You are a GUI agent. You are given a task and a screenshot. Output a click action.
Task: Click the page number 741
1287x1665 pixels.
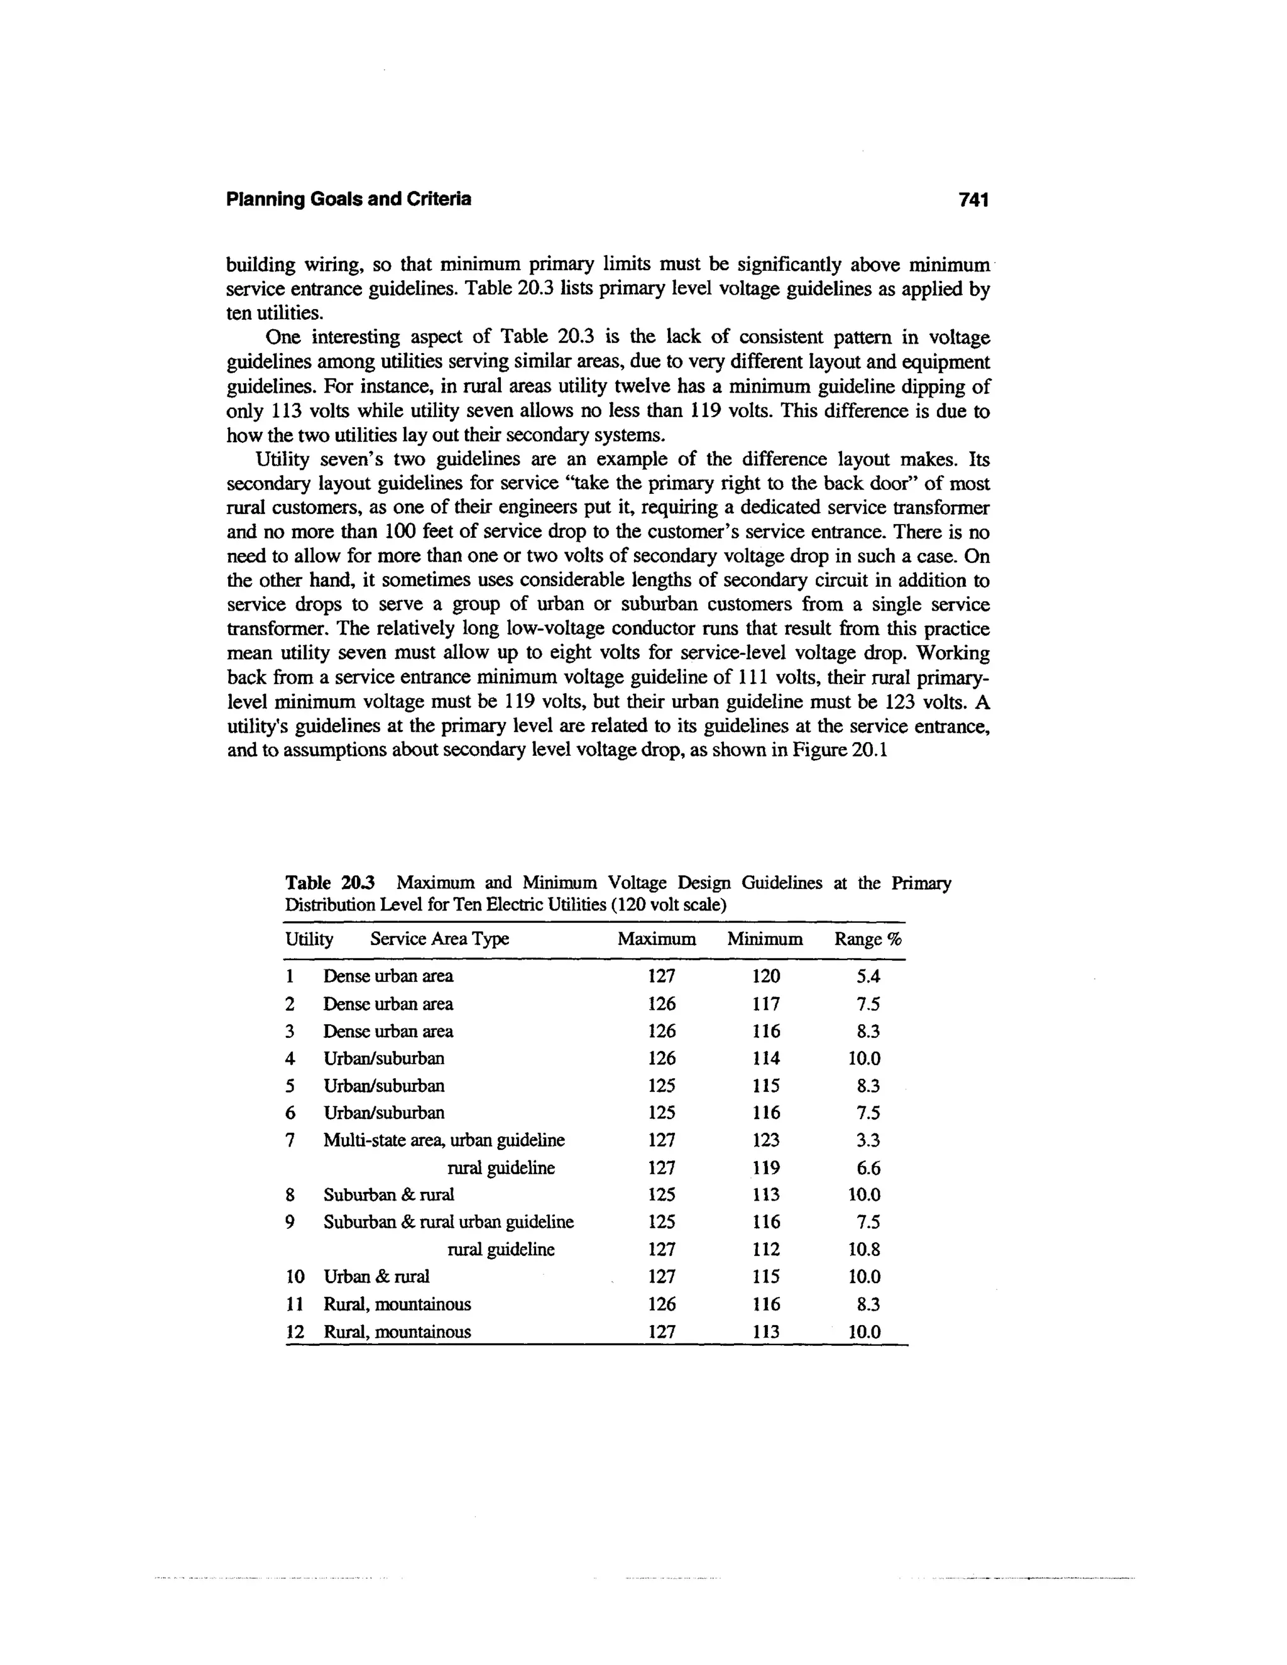pos(973,200)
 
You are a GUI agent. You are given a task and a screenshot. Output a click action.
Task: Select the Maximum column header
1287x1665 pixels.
pos(657,939)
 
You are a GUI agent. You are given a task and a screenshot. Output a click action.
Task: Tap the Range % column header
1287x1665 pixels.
pos(868,939)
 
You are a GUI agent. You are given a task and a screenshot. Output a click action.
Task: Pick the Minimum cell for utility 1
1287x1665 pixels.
pos(765,976)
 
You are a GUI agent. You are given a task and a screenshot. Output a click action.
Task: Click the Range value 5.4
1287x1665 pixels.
pos(868,976)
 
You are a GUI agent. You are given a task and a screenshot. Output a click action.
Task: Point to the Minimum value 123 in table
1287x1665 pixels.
pos(765,1140)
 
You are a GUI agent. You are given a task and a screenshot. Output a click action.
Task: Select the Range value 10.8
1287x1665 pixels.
pos(865,1250)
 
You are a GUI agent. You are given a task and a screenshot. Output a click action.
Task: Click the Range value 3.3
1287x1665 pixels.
pos(868,1140)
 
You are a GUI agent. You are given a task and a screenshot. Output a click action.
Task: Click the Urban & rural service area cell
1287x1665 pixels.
pos(376,1277)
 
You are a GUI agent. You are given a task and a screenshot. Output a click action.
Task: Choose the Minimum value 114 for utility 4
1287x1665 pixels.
pos(765,1058)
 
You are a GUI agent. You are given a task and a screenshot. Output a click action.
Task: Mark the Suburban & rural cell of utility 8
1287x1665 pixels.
pos(389,1194)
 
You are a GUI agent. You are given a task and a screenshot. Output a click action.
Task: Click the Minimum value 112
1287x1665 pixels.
pos(765,1250)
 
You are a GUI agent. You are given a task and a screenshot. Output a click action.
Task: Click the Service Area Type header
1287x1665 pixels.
pos(439,939)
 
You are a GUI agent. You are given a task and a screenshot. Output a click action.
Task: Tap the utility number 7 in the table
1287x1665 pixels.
pos(290,1140)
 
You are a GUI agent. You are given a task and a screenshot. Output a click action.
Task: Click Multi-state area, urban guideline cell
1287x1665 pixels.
pos(444,1140)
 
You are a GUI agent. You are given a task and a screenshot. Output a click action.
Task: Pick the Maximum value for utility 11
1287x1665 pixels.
pos(661,1304)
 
